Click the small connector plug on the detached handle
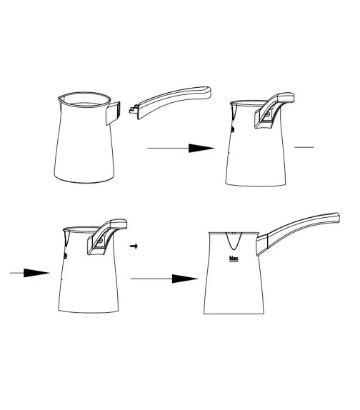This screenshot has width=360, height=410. pyautogui.click(x=133, y=110)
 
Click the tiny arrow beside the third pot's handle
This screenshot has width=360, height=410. pyautogui.click(x=134, y=245)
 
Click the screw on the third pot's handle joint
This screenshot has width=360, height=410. pyautogui.click(x=97, y=244)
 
